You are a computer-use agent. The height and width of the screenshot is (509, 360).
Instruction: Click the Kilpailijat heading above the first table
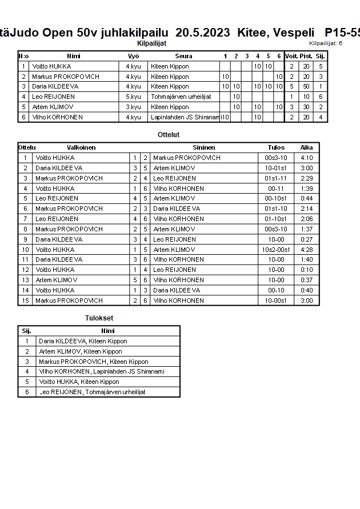(x=152, y=43)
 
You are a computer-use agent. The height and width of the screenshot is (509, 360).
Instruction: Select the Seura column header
(x=183, y=56)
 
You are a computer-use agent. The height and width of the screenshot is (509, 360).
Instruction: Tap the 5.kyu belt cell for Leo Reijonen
(x=133, y=97)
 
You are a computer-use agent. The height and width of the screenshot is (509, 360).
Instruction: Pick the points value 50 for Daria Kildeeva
(x=306, y=86)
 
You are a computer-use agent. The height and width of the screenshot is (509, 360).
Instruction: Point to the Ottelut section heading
(x=169, y=135)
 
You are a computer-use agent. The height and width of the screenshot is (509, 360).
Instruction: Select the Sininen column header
(x=204, y=147)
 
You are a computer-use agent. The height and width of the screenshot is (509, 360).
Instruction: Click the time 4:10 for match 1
(x=306, y=158)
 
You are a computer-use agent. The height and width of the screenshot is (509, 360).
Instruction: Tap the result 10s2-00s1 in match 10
(x=276, y=250)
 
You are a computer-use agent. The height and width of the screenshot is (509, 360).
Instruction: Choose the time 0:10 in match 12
(x=306, y=270)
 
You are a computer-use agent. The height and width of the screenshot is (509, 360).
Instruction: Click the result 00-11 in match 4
(x=276, y=189)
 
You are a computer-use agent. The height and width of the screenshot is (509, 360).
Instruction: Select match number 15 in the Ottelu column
(x=25, y=300)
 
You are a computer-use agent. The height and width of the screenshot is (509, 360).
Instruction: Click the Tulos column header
(x=276, y=147)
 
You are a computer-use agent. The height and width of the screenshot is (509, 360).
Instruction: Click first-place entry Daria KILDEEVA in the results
(x=83, y=341)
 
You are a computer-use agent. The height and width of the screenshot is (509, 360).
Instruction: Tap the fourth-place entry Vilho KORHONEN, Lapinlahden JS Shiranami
(x=101, y=371)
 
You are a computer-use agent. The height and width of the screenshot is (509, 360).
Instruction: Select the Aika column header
(x=306, y=147)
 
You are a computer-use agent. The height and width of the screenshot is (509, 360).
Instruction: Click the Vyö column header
(x=133, y=56)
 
